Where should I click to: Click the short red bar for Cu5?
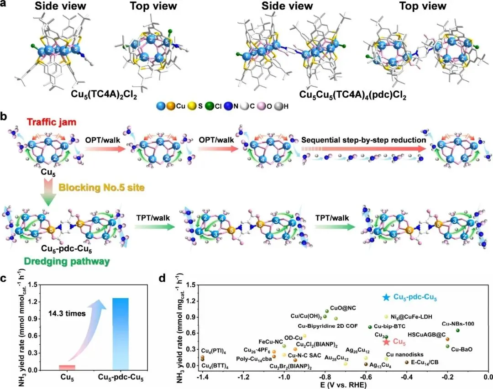(67, 367)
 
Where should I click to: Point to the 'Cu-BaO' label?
(461, 350)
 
